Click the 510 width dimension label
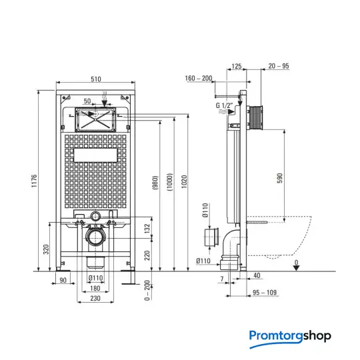point(96,79)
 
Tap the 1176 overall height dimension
point(34,181)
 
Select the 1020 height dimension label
point(184,181)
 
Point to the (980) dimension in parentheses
point(155,183)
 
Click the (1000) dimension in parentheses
point(169,182)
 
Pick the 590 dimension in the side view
point(280,178)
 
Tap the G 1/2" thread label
point(224,105)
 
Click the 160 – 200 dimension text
point(199,78)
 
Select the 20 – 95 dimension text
point(279,66)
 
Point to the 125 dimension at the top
point(237,67)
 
